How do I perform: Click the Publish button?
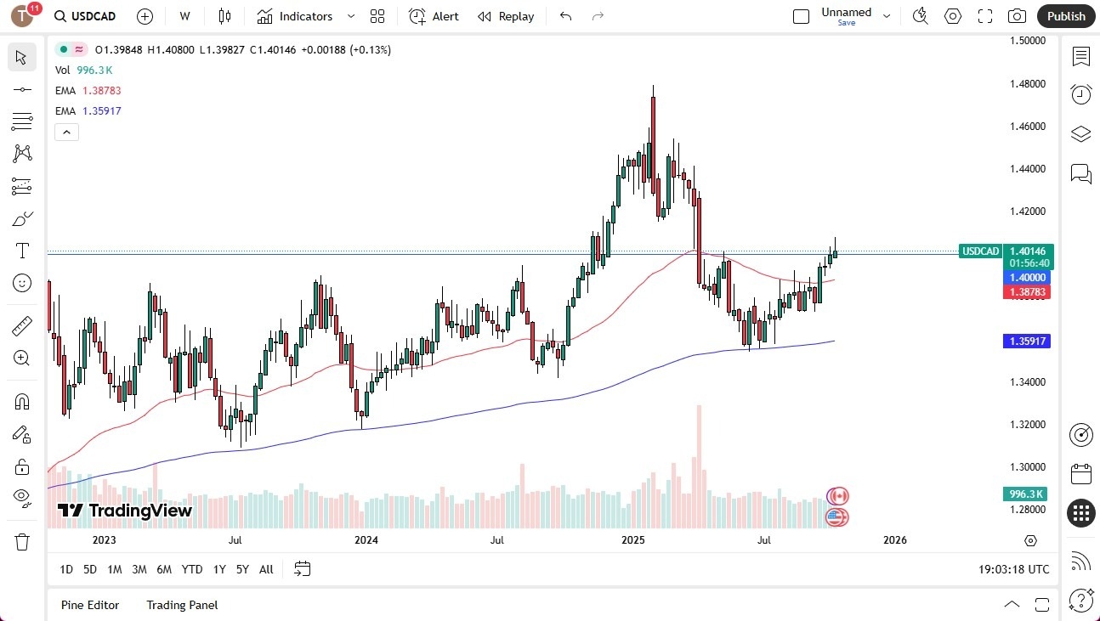tap(1065, 16)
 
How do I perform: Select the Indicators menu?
tap(305, 16)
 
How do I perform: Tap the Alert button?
tap(434, 16)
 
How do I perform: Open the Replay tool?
tap(506, 16)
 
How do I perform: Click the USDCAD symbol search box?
tap(85, 16)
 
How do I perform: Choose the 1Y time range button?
tap(219, 569)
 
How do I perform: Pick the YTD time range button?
tap(192, 569)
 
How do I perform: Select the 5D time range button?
tap(90, 569)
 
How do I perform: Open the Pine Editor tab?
tap(90, 605)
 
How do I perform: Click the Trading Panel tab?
tap(182, 605)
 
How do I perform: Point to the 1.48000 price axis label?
tap(1027, 84)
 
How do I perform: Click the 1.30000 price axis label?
tap(1027, 467)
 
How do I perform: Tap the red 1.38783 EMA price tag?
tap(1028, 292)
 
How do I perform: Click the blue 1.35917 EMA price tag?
tap(1028, 342)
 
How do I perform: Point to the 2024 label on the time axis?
tap(366, 539)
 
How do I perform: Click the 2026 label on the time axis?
tap(894, 539)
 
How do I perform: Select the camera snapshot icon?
tap(1017, 16)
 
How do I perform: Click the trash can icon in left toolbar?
tap(22, 541)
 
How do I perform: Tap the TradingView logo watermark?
tap(125, 511)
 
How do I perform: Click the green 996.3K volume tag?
tap(1027, 494)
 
